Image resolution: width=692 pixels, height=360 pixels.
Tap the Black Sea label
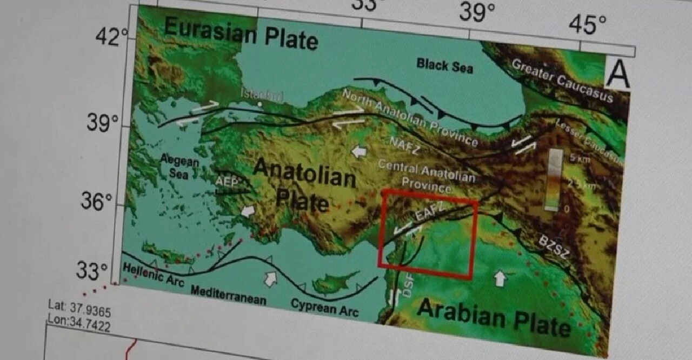coord(444,65)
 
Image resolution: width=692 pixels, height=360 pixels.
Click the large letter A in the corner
coord(617,74)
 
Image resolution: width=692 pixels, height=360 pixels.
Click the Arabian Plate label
coord(494,318)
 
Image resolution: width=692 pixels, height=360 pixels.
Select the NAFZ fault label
coord(404,145)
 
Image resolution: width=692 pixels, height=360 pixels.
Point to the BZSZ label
coord(552,245)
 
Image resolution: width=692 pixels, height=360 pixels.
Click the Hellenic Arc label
coord(154,275)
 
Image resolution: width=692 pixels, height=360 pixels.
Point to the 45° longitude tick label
coord(587,24)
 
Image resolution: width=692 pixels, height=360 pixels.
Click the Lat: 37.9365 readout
coord(79,305)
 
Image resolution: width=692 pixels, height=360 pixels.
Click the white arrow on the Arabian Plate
coord(500,279)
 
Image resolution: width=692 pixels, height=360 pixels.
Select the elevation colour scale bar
coord(554,179)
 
